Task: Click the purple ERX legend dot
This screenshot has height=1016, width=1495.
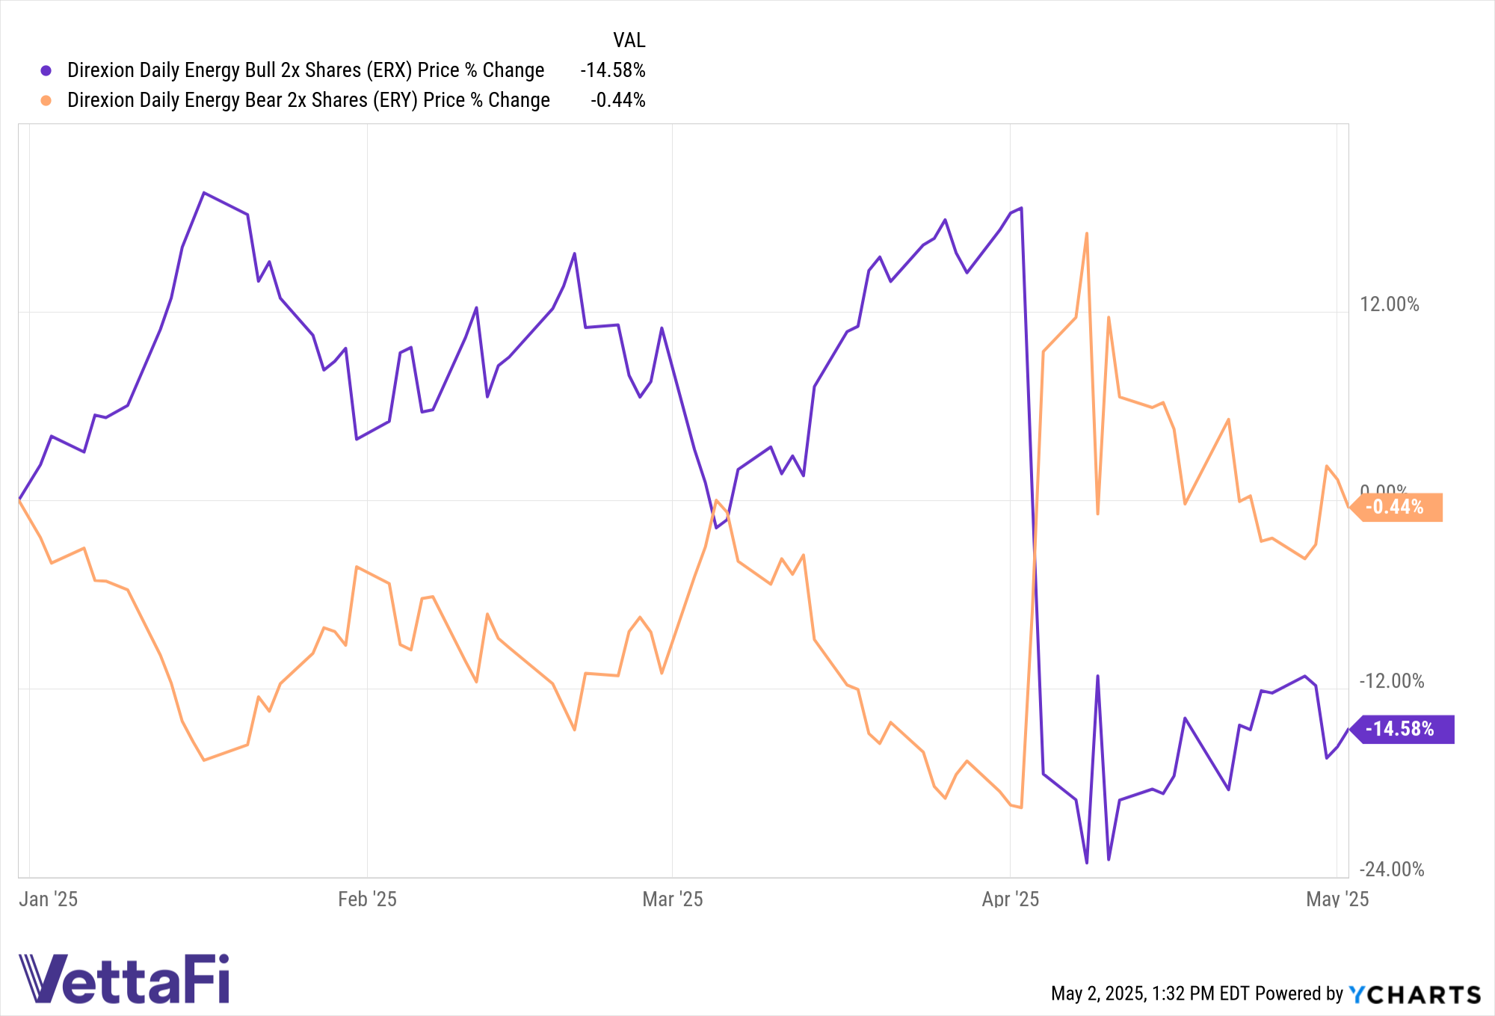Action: click(x=46, y=71)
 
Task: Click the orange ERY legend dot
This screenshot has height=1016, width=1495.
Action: click(x=46, y=101)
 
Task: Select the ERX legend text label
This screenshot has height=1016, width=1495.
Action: click(x=306, y=70)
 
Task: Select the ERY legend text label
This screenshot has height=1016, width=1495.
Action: click(x=308, y=100)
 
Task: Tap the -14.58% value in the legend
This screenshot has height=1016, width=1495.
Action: click(x=613, y=70)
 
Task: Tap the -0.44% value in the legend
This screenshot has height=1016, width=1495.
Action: click(x=617, y=100)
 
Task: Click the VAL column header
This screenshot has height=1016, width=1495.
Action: click(x=629, y=40)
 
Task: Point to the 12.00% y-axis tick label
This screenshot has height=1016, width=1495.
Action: click(x=1389, y=304)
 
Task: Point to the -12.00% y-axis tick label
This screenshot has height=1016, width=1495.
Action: click(x=1391, y=681)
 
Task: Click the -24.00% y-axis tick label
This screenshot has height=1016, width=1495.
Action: click(x=1391, y=869)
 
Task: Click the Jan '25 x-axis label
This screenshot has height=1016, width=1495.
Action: click(x=49, y=899)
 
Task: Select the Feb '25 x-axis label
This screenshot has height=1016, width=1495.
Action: click(x=367, y=899)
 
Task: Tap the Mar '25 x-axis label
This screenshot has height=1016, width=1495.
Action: click(x=673, y=899)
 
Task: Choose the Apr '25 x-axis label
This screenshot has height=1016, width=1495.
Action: click(x=1011, y=899)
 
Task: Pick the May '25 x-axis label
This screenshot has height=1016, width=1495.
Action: click(x=1337, y=899)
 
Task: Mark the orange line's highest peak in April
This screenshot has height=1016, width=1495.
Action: click(x=1086, y=234)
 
